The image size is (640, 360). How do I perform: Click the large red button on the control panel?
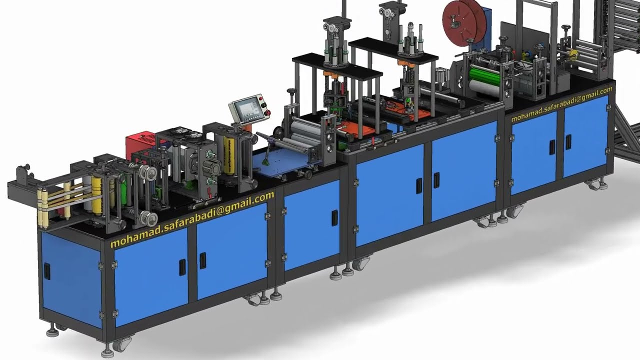pyautogui.click(x=268, y=111)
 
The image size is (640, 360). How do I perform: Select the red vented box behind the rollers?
pyautogui.click(x=140, y=146)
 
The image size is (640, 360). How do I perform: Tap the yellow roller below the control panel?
pyautogui.click(x=229, y=155)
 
